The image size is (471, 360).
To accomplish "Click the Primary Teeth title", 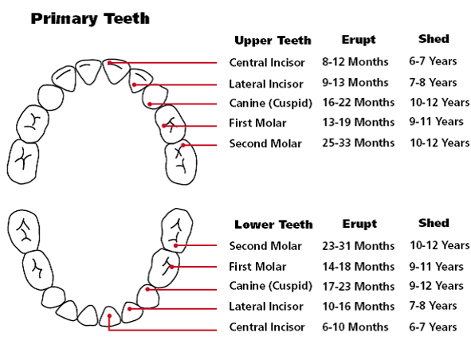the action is (90, 18).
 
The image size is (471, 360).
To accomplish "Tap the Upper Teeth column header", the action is (273, 41).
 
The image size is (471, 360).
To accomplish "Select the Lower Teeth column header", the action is (273, 225).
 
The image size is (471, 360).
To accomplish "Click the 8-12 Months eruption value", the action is (355, 62).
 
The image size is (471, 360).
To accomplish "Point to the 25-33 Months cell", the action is (358, 143).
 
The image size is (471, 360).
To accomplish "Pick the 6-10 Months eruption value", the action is (355, 327).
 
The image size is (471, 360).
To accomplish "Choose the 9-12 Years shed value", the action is (436, 286).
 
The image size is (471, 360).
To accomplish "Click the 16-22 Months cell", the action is (358, 103).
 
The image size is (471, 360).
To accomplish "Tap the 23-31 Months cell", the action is (358, 246).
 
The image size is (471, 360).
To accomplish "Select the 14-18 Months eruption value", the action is (358, 266).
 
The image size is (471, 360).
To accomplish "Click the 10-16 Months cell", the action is (358, 307).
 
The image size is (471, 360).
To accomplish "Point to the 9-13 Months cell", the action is (355, 82).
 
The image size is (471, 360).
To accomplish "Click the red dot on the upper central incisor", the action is (110, 63).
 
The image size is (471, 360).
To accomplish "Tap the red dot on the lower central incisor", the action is (110, 316).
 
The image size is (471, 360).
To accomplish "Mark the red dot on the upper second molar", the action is (183, 145).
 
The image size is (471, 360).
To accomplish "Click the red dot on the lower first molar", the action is (172, 267).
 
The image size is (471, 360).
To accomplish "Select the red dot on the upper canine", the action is (150, 104).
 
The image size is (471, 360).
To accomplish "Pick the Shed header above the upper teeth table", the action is (434, 39).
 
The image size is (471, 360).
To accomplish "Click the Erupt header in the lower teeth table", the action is (359, 224).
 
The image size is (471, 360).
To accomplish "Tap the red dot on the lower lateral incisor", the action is (129, 309).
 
